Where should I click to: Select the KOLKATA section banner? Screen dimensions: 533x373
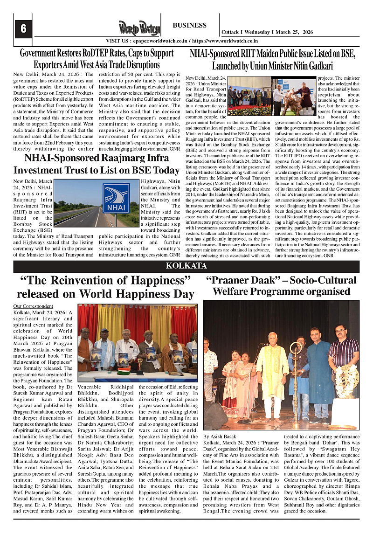coord(186,266)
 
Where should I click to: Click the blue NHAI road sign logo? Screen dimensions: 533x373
coord(116,199)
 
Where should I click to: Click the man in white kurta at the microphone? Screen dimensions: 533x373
coord(272,368)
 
